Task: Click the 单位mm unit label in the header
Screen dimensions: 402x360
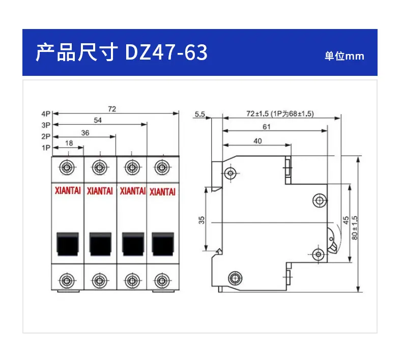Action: pyautogui.click(x=344, y=56)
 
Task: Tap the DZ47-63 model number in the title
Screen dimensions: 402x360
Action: pyautogui.click(x=166, y=52)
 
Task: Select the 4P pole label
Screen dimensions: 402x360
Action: pyautogui.click(x=46, y=114)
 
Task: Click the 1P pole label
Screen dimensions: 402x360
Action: pyautogui.click(x=46, y=148)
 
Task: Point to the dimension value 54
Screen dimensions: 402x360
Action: pyautogui.click(x=98, y=120)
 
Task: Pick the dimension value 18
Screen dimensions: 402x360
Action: pyautogui.click(x=69, y=143)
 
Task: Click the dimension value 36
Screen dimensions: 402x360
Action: pyautogui.click(x=85, y=133)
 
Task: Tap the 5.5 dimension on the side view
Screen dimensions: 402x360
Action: pyautogui.click(x=199, y=114)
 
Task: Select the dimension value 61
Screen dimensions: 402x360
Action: pyautogui.click(x=267, y=126)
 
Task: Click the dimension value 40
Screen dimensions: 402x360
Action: pyautogui.click(x=257, y=141)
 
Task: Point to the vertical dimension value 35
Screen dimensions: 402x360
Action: pyautogui.click(x=202, y=220)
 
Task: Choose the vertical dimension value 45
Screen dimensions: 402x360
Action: pyautogui.click(x=346, y=220)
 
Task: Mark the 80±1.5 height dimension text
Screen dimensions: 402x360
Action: pyautogui.click(x=355, y=228)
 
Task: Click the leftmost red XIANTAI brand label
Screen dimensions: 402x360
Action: pyautogui.click(x=68, y=190)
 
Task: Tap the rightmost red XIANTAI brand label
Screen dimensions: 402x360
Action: pyautogui.click(x=162, y=192)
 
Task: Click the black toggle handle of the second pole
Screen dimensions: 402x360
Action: pyautogui.click(x=100, y=244)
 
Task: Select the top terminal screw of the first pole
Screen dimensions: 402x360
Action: pyautogui.click(x=67, y=168)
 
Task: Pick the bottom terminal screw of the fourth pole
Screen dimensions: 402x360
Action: pyautogui.click(x=162, y=281)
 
